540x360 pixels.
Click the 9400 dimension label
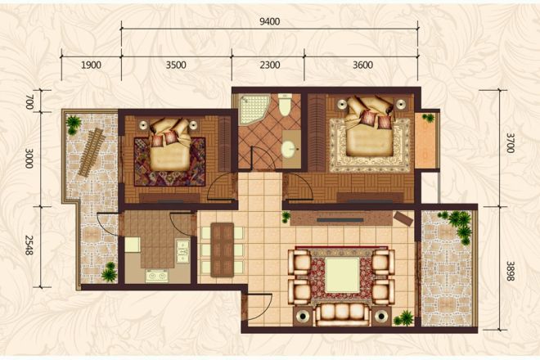click(x=270, y=22)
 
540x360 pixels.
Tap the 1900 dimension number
click(x=92, y=65)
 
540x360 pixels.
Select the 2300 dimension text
click(x=270, y=65)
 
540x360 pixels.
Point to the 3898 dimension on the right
click(x=511, y=271)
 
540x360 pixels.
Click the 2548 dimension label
click(x=29, y=245)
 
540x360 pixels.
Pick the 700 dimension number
click(x=29, y=101)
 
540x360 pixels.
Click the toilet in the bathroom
click(x=286, y=105)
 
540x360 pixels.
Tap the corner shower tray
click(x=255, y=110)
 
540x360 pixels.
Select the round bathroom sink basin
click(x=290, y=150)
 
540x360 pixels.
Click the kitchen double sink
click(x=182, y=251)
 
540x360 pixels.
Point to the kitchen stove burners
click(x=157, y=276)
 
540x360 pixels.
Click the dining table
click(x=222, y=250)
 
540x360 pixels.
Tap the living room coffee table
click(x=342, y=275)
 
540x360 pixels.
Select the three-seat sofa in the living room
click(x=342, y=314)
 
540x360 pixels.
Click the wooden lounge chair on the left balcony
click(x=92, y=152)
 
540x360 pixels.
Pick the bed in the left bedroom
click(x=170, y=146)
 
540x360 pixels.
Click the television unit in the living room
click(x=342, y=218)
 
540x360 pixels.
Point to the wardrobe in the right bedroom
click(x=316, y=133)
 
